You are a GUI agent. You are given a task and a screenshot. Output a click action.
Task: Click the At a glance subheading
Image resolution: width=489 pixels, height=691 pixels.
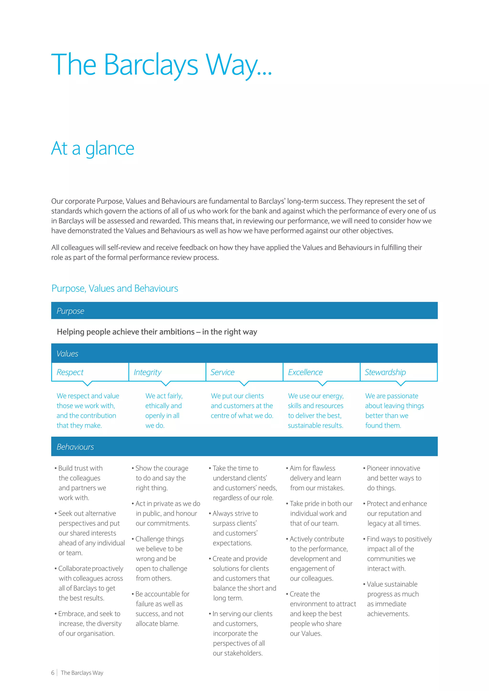[x=93, y=148]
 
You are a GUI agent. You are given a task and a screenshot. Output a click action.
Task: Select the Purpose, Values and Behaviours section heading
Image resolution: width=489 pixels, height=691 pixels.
[x=115, y=288]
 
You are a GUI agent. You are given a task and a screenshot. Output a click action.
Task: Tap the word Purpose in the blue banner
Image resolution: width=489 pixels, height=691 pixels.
[x=70, y=311]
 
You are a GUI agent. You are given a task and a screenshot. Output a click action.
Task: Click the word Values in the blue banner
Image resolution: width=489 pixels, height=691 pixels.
[x=67, y=354]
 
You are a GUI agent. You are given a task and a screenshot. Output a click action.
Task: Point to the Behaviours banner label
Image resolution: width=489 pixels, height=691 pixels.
[x=75, y=447]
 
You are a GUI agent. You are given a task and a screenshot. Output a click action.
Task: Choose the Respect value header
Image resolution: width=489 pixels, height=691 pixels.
[x=70, y=372]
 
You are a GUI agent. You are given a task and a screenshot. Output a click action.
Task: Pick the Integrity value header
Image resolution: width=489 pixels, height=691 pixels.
[x=148, y=372]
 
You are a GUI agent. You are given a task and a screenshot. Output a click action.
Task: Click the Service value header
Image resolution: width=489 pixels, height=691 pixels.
[x=223, y=372]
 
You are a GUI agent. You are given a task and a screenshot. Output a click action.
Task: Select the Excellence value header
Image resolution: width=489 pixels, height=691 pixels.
[x=305, y=372]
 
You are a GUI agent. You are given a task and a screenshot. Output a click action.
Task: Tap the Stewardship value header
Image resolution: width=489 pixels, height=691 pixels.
[x=385, y=372]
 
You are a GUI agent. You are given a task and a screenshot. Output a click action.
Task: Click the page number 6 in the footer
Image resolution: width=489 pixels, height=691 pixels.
[x=53, y=673]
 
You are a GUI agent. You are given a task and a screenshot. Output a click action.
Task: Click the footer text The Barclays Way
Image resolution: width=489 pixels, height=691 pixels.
[x=82, y=673]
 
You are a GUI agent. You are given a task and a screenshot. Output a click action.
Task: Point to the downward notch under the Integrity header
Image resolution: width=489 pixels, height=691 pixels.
[x=166, y=384]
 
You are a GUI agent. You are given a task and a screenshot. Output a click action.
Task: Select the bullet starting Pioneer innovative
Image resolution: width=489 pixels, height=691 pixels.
[x=393, y=478]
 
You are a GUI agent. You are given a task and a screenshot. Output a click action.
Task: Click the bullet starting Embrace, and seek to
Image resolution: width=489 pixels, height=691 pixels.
[x=89, y=623]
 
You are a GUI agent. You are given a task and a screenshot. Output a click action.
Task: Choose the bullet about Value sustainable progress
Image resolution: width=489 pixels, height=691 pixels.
[x=392, y=599]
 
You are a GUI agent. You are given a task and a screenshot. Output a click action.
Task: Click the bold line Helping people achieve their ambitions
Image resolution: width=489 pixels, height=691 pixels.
[x=157, y=332]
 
